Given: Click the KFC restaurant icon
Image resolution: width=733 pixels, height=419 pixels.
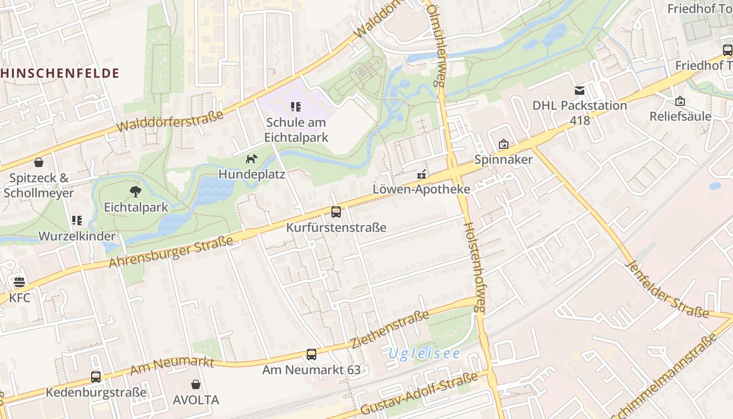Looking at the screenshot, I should [x=19, y=283].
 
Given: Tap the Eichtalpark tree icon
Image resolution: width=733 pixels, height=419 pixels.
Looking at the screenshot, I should [x=136, y=192].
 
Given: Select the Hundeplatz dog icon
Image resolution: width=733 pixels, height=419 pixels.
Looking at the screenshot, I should [x=252, y=158].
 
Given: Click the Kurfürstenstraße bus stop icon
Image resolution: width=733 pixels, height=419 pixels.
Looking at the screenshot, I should [x=336, y=212].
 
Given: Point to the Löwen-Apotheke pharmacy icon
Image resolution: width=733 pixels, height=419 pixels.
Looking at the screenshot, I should [x=421, y=174].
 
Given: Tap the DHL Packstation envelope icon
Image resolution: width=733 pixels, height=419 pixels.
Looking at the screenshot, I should [x=580, y=91].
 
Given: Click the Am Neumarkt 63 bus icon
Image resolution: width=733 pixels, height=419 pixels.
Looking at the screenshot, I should [x=312, y=355].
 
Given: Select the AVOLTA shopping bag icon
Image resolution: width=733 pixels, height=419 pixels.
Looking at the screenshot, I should [x=196, y=384].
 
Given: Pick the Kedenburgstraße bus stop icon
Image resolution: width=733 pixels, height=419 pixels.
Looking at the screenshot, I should [x=96, y=377].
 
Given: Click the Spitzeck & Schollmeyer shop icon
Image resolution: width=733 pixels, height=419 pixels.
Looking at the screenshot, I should [x=38, y=162].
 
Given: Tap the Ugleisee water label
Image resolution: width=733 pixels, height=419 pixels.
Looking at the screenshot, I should [x=424, y=354].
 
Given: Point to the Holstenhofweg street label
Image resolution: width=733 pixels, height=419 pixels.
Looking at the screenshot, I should [x=473, y=267].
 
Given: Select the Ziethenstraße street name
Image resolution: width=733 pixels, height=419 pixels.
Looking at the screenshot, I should [x=390, y=330].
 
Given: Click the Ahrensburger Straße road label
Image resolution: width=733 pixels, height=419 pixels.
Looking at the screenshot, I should [x=171, y=252].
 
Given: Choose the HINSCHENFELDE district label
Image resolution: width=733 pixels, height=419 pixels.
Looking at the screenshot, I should [x=60, y=73].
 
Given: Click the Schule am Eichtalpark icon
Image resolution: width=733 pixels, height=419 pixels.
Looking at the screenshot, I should [x=296, y=107].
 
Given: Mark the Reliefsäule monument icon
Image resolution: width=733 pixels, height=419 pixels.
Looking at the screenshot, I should [x=680, y=101].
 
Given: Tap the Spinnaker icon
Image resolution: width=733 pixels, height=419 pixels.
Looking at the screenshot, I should [x=503, y=144].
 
